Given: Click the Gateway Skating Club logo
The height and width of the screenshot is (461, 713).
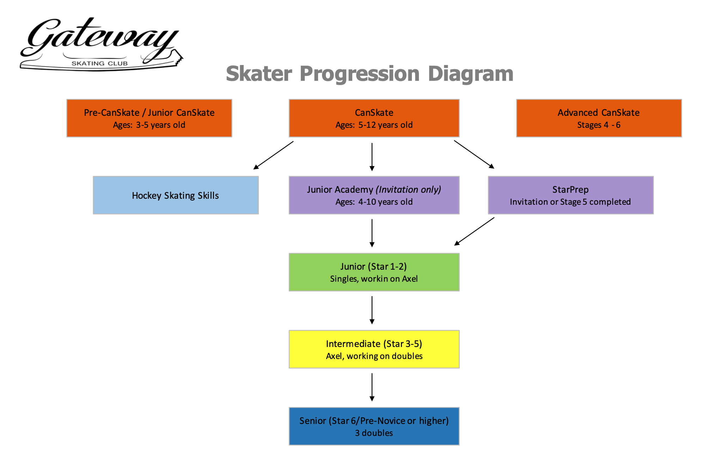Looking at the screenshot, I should (100, 44).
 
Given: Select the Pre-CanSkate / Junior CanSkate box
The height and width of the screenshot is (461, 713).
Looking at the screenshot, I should (149, 118).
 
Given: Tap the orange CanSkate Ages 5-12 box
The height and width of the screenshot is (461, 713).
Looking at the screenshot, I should (374, 118).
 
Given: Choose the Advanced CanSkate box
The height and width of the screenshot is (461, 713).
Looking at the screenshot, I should (598, 118).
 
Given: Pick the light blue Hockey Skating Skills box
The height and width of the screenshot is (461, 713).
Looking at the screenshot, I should (176, 195).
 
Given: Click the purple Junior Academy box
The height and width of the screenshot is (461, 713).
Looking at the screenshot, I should (374, 195).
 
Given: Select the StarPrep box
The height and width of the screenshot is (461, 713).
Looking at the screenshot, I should (570, 195).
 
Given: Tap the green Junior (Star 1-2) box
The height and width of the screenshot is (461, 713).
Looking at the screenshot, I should (374, 272).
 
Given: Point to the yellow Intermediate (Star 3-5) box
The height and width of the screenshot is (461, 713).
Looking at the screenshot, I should (374, 349).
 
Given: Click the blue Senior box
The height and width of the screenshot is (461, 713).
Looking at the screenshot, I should (374, 426).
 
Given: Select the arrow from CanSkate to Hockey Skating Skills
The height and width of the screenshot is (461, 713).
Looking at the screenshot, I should (273, 155).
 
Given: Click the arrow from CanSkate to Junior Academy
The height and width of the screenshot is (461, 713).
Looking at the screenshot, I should (372, 157).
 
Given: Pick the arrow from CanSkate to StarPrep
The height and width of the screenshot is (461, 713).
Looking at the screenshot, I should (474, 154).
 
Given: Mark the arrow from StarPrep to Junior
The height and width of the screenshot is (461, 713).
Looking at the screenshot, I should (474, 231).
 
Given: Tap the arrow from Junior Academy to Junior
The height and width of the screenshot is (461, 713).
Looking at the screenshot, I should (372, 233).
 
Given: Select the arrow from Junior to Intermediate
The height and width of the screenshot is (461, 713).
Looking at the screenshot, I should (372, 310).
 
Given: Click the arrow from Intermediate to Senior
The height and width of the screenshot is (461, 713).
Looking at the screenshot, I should (372, 387).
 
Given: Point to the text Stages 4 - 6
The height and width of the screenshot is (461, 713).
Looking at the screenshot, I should (598, 125).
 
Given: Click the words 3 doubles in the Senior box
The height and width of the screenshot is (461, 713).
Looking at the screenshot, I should (374, 433).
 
